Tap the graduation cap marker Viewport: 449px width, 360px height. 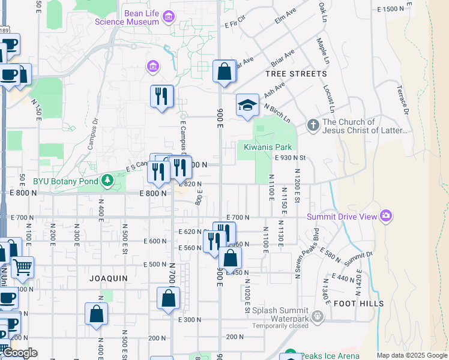[247, 106]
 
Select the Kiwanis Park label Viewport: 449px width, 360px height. [268, 147]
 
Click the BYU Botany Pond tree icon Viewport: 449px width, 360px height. [107, 179]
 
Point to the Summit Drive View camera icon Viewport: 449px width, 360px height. [385, 215]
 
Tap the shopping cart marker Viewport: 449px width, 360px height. [22, 268]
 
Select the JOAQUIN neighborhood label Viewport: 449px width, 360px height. [109, 278]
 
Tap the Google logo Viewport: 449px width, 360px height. [20, 353]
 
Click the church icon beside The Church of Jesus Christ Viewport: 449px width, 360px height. [312, 125]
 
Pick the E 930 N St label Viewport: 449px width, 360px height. [291, 158]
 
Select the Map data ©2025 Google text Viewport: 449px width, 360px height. [412, 355]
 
